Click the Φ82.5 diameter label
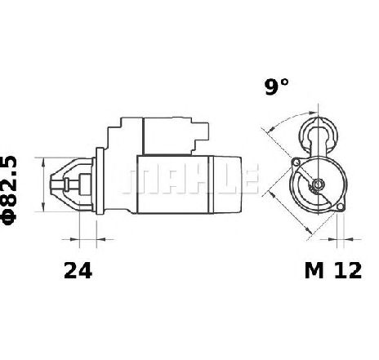coord(9,190)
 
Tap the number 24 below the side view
coord(78,270)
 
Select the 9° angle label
coord(276,87)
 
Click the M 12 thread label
coord(333,270)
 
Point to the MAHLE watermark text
coord(190,179)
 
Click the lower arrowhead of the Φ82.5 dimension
coord(43,207)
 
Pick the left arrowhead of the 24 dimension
coord(75,239)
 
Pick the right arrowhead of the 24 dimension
coord(100,239)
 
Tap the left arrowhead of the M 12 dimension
coord(332,239)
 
